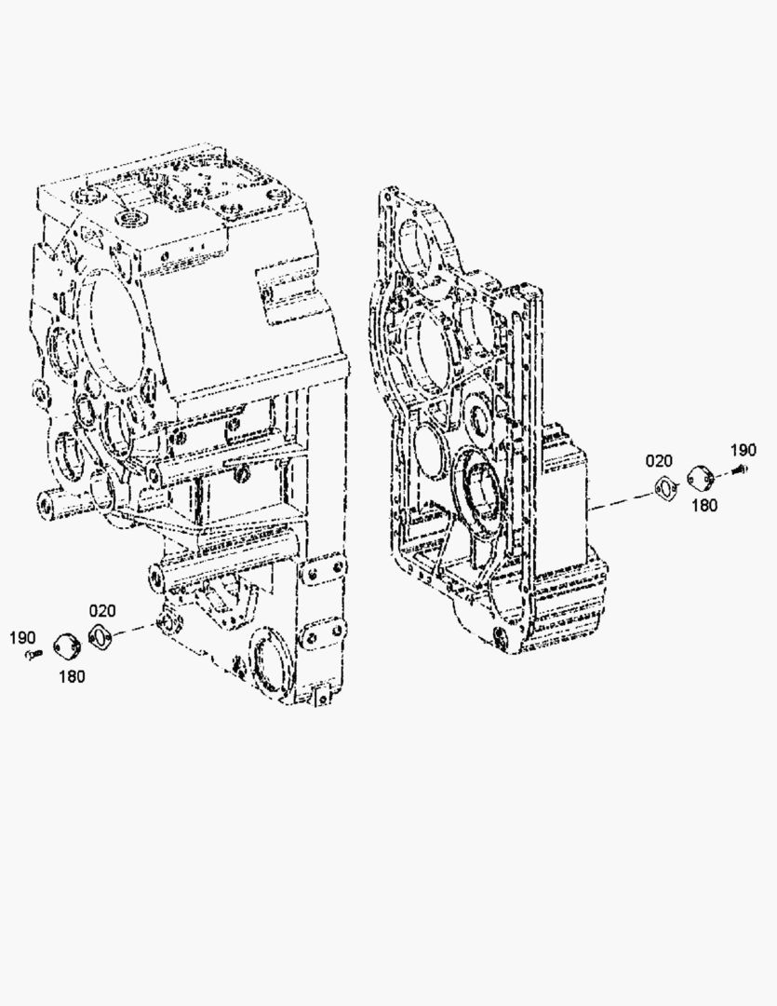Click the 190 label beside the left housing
coord(22,638)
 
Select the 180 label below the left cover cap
coord(72,675)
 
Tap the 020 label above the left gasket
coord(102,610)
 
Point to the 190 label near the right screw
coord(743,450)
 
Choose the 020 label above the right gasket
coord(659,461)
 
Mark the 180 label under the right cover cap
coord(704,506)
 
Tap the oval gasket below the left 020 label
coord(100,636)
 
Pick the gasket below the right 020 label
coord(667,487)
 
